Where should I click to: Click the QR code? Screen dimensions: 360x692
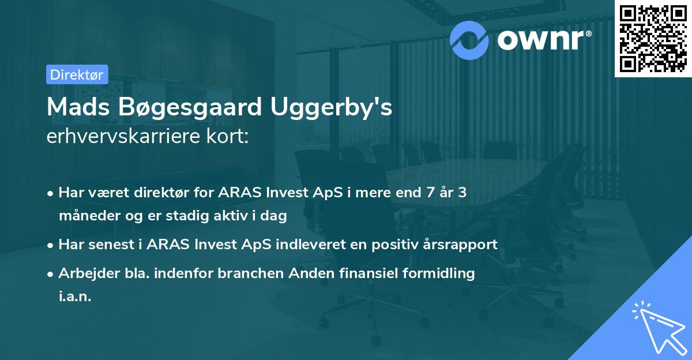[x=653, y=38]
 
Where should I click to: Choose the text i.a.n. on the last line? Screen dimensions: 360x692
[x=75, y=297]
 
